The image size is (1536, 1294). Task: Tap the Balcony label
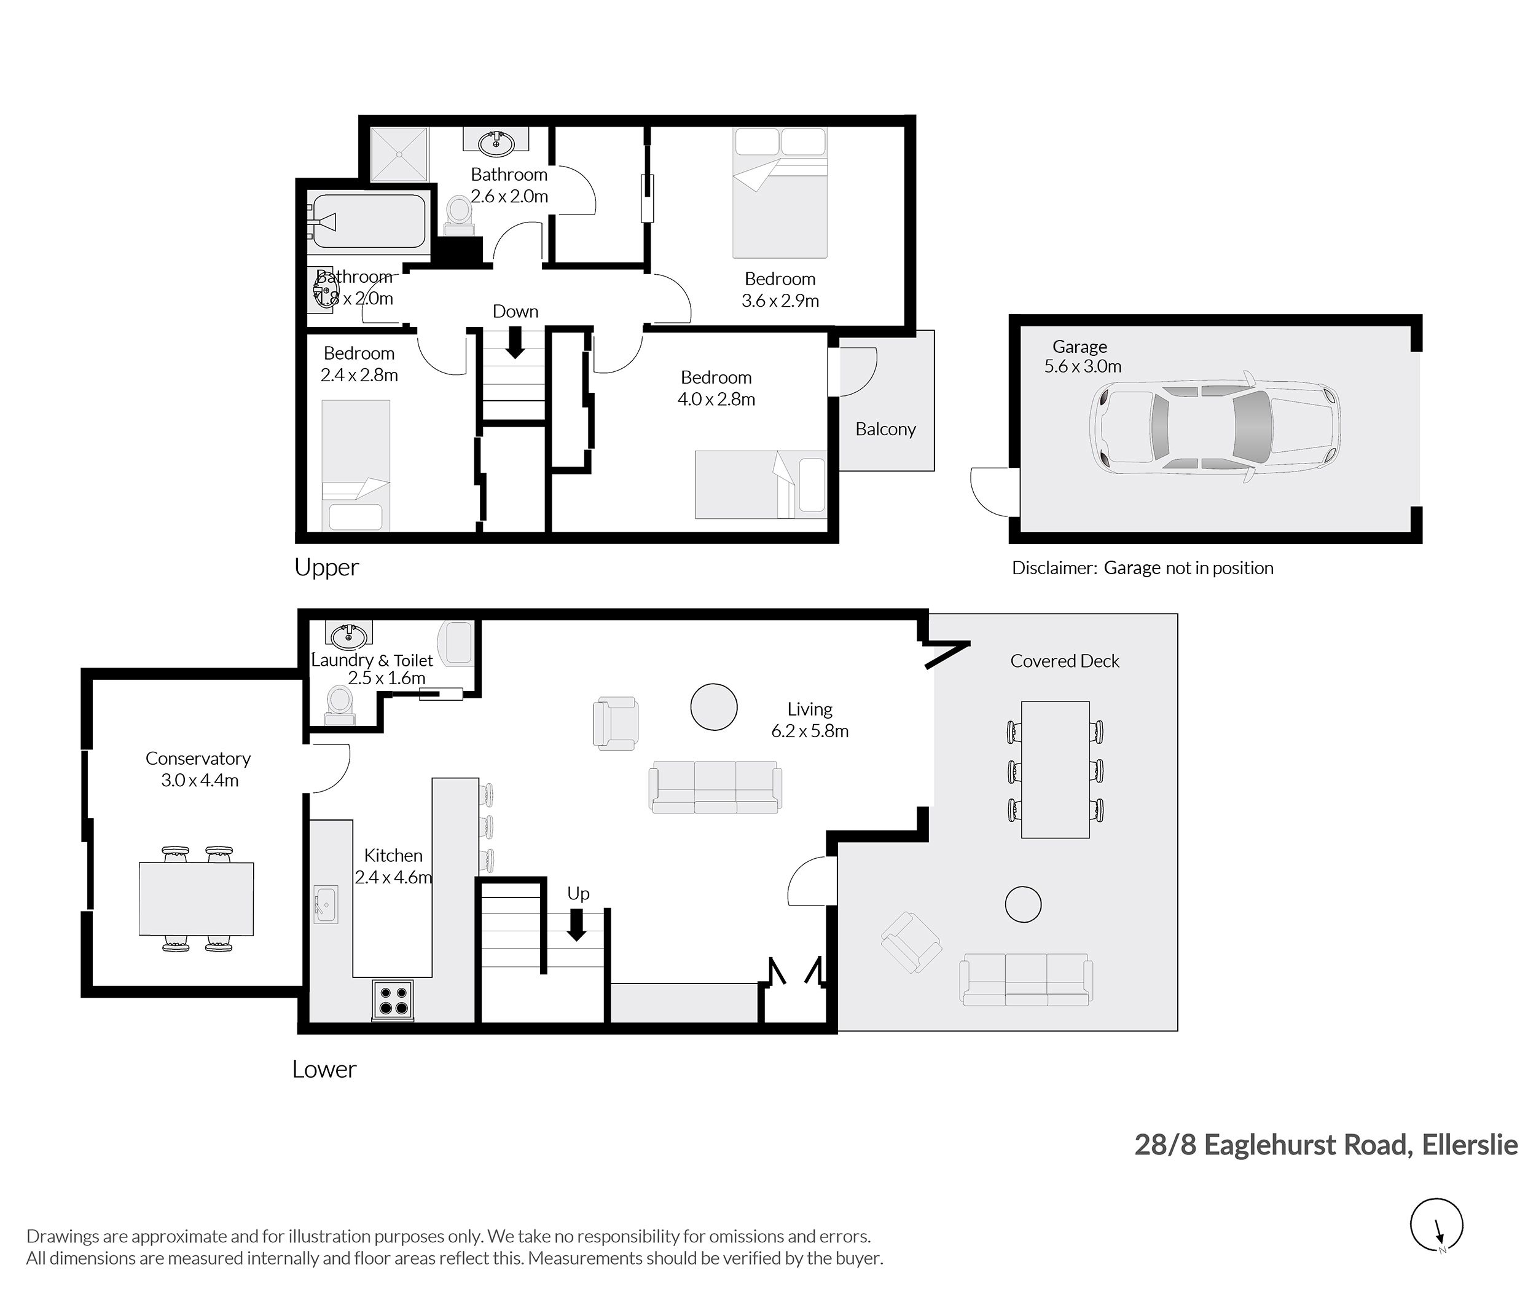click(x=886, y=429)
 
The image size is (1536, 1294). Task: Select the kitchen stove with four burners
click(x=392, y=999)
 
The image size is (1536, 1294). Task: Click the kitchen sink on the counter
click(x=326, y=904)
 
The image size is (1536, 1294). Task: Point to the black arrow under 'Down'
click(x=515, y=342)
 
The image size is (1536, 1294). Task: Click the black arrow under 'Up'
click(x=577, y=925)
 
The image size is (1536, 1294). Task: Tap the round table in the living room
click(x=713, y=706)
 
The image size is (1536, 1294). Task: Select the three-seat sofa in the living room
click(x=715, y=787)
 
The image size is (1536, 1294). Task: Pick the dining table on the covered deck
click(x=1055, y=770)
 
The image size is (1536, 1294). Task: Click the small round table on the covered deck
click(x=1023, y=904)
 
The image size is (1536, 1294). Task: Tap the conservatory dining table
click(x=197, y=899)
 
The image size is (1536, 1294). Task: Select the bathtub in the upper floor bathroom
click(x=367, y=221)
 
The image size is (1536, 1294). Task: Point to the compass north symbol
click(x=1436, y=1225)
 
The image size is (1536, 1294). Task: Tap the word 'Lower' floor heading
click(x=324, y=1070)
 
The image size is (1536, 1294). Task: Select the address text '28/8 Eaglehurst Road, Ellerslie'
click(x=1326, y=1145)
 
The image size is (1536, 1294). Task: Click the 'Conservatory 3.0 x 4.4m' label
click(x=198, y=769)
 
